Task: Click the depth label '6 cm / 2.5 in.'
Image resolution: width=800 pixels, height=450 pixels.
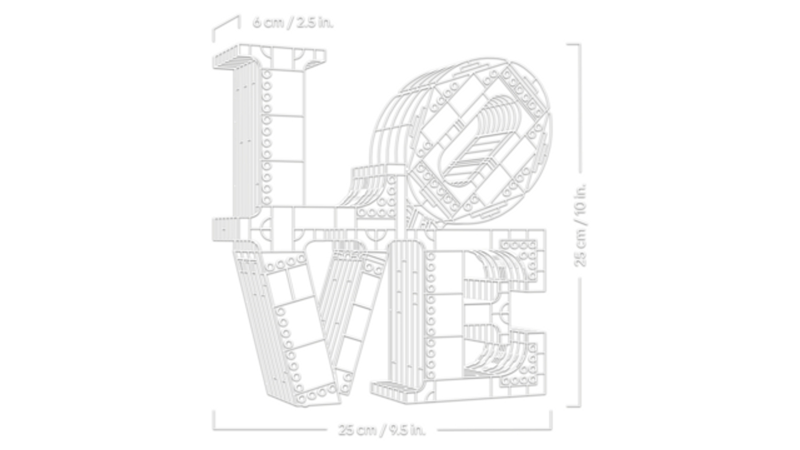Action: pyautogui.click(x=293, y=22)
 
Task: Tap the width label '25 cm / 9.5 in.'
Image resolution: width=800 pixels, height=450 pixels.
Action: pyautogui.click(x=382, y=430)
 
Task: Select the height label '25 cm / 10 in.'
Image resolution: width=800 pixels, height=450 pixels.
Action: pyautogui.click(x=580, y=225)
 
